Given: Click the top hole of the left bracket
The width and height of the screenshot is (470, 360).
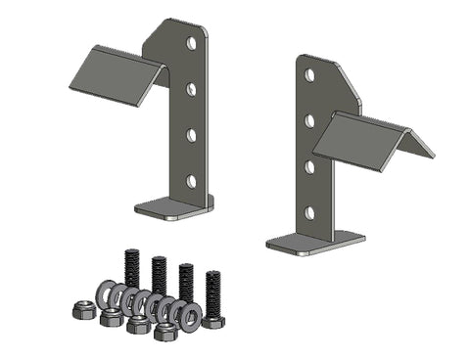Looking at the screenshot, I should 193,44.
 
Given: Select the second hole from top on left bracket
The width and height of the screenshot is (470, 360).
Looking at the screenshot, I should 193,89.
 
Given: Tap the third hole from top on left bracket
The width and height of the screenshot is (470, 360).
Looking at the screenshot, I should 192,135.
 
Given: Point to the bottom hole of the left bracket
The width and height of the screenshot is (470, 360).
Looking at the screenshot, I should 192,180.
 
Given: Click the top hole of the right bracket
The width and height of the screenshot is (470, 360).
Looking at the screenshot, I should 309,74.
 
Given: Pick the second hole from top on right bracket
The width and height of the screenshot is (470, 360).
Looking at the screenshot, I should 309,120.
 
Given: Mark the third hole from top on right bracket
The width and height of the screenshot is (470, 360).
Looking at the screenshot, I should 309,166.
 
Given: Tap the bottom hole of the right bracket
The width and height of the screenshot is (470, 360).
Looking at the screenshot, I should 309,211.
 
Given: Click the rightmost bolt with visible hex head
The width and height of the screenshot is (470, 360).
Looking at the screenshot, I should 214,298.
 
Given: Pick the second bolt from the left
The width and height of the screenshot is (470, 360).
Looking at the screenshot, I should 159,276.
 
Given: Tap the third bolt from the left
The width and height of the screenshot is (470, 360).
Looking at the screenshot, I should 186,284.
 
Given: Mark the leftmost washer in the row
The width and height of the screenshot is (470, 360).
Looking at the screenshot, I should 104,292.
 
